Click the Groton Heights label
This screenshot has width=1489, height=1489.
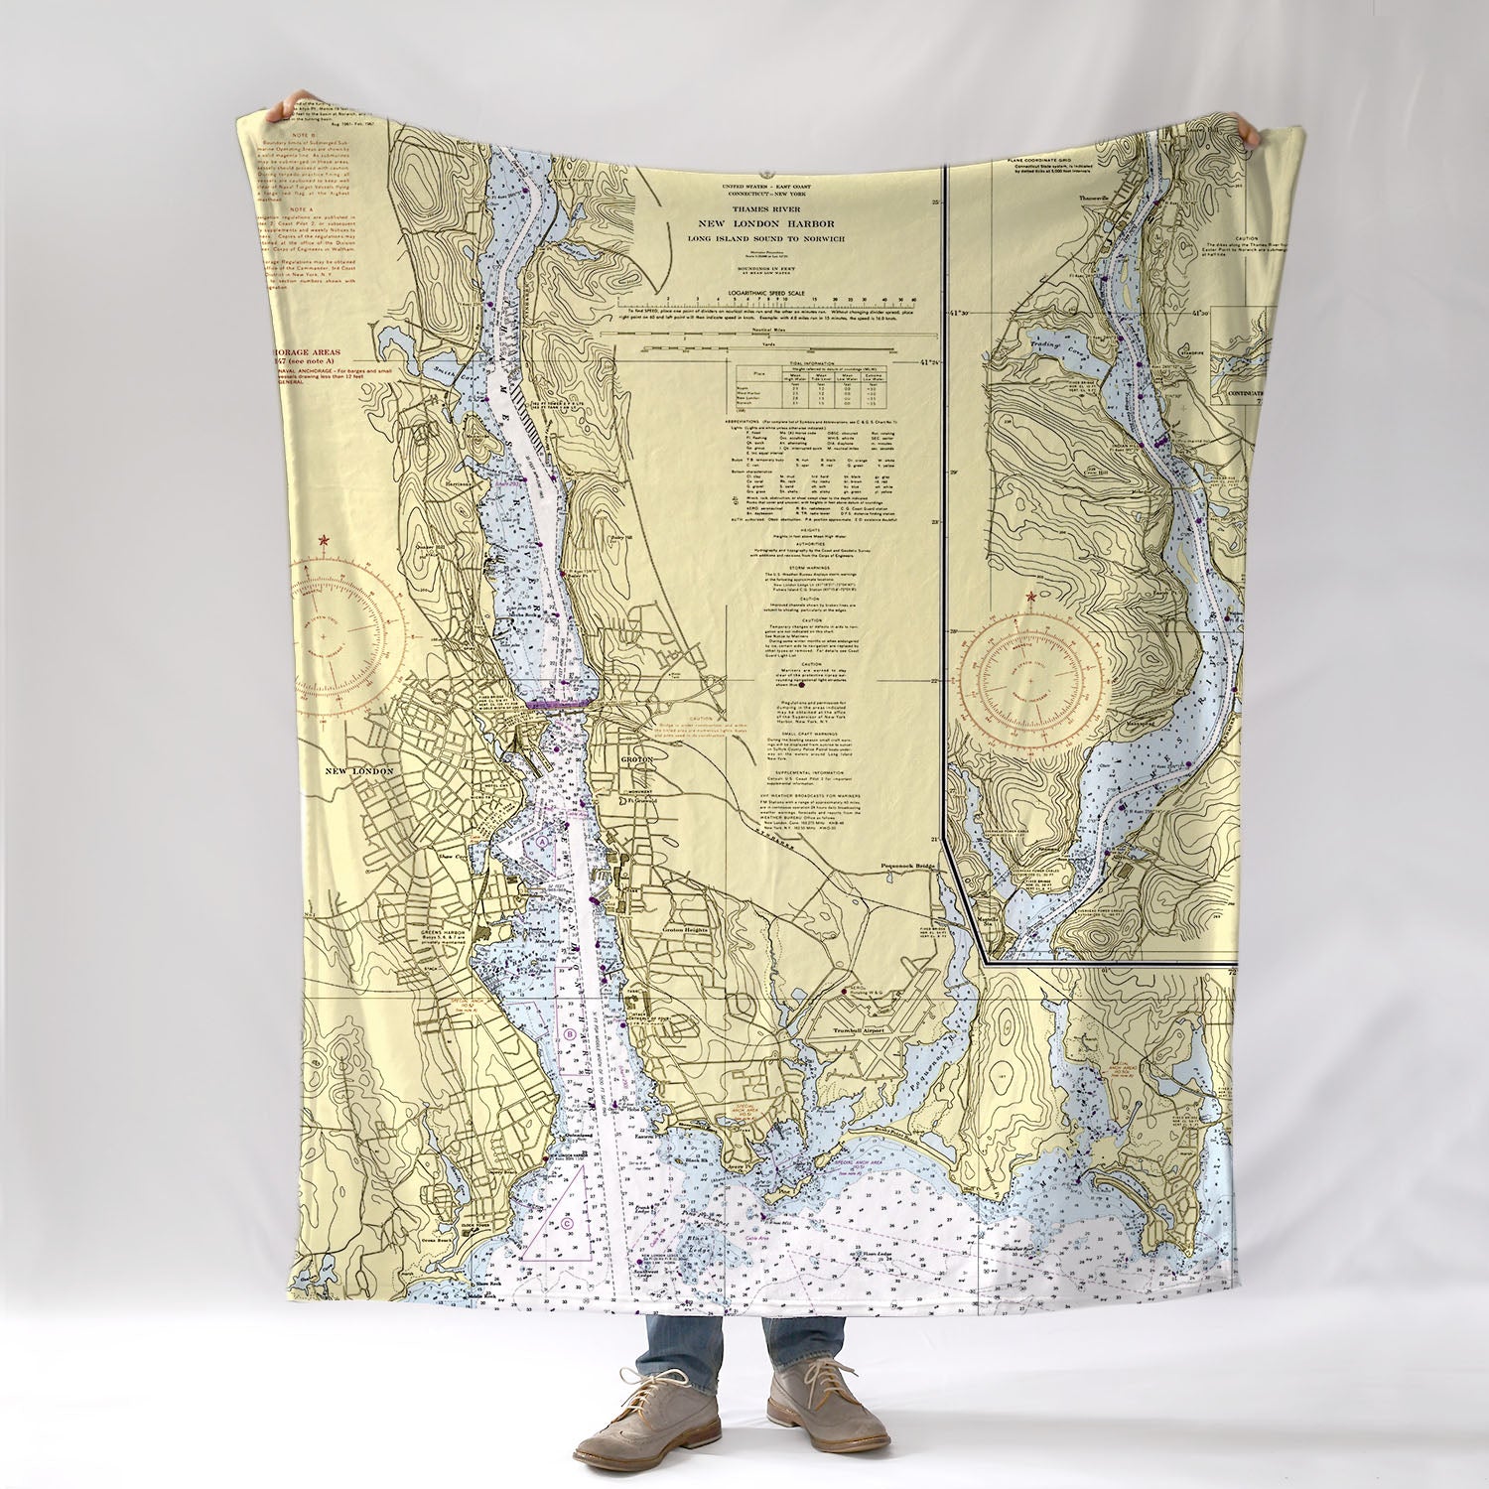687,930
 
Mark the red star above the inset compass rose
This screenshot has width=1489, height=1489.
1031,597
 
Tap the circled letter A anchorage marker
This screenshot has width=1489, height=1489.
543,841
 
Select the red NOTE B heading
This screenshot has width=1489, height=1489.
302,132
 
